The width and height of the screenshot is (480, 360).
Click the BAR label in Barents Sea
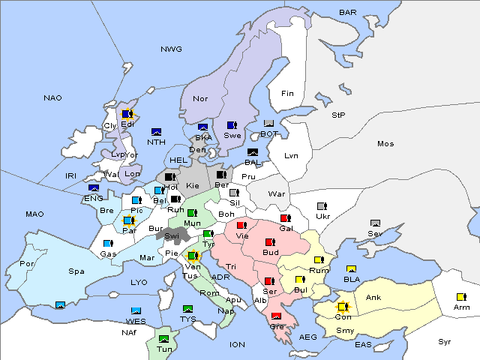point(348,13)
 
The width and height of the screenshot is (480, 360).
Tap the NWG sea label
point(171,49)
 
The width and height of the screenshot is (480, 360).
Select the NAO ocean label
point(52,98)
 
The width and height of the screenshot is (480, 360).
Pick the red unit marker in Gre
point(276,316)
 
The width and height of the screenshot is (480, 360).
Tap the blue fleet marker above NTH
point(156,132)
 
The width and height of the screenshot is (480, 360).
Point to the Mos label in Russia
point(385,143)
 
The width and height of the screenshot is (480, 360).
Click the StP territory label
point(338,115)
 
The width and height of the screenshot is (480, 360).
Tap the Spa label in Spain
point(76,271)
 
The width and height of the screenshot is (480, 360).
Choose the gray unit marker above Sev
point(375,223)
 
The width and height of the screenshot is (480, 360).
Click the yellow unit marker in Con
point(342,307)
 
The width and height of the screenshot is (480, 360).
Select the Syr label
point(445,341)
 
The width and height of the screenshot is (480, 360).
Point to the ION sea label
point(237,345)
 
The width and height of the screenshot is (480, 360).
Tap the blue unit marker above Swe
point(231,125)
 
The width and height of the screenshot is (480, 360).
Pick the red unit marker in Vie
point(241,225)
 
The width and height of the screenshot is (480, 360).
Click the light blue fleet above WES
point(136,310)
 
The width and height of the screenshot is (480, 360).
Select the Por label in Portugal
point(27,264)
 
